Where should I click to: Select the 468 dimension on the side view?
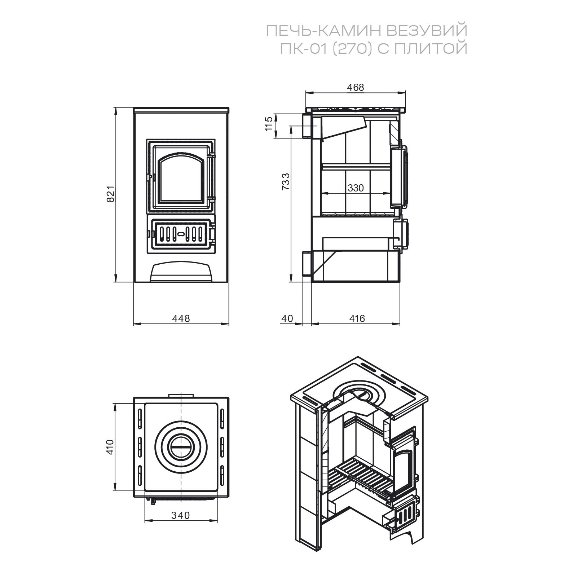click(x=356, y=88)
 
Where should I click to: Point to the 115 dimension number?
click(x=268, y=124)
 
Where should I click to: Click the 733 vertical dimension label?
click(x=286, y=182)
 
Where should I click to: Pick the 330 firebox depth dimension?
click(x=356, y=188)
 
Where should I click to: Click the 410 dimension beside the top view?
click(x=110, y=447)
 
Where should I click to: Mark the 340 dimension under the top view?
click(x=180, y=516)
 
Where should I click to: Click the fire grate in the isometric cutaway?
click(x=361, y=472)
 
